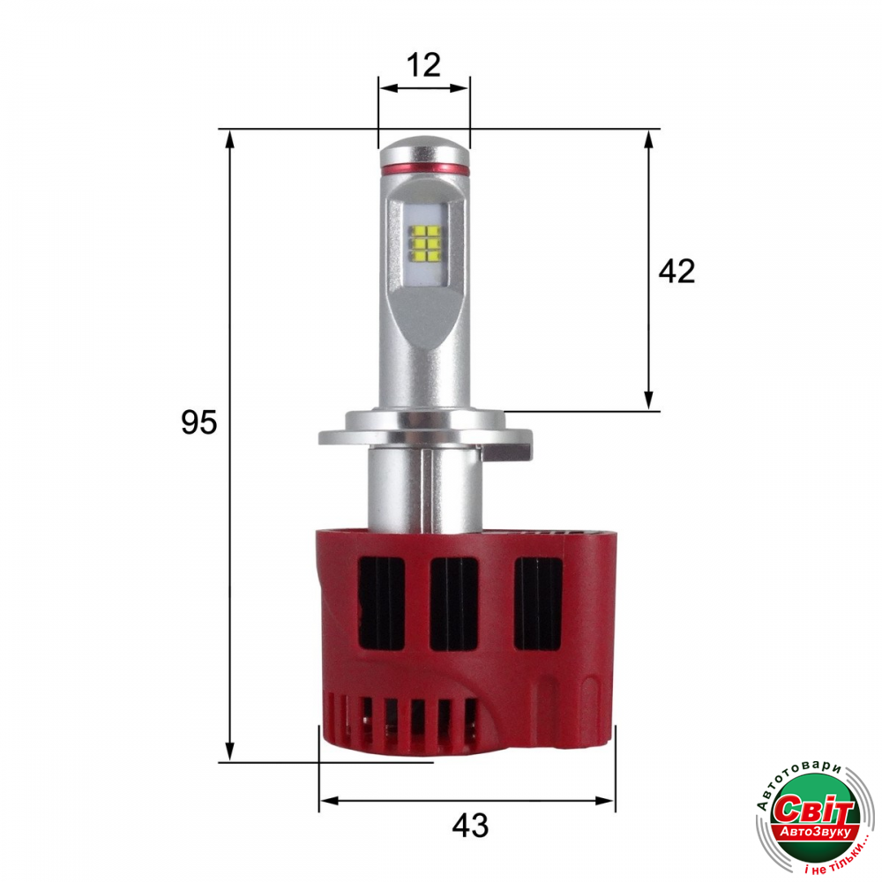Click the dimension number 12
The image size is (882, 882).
pos(423,65)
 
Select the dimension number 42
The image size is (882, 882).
pos(676,271)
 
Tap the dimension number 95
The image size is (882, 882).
pos(198,422)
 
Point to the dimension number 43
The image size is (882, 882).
pos(470,826)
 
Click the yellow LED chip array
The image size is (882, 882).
pos(425,244)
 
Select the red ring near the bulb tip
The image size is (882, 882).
pos(424,168)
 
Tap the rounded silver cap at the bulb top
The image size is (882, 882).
pos(424,150)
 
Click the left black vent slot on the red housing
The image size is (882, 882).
pos(382,603)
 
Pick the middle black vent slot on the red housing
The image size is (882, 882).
pos(454,603)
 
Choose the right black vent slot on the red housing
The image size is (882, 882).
pos(538,603)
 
